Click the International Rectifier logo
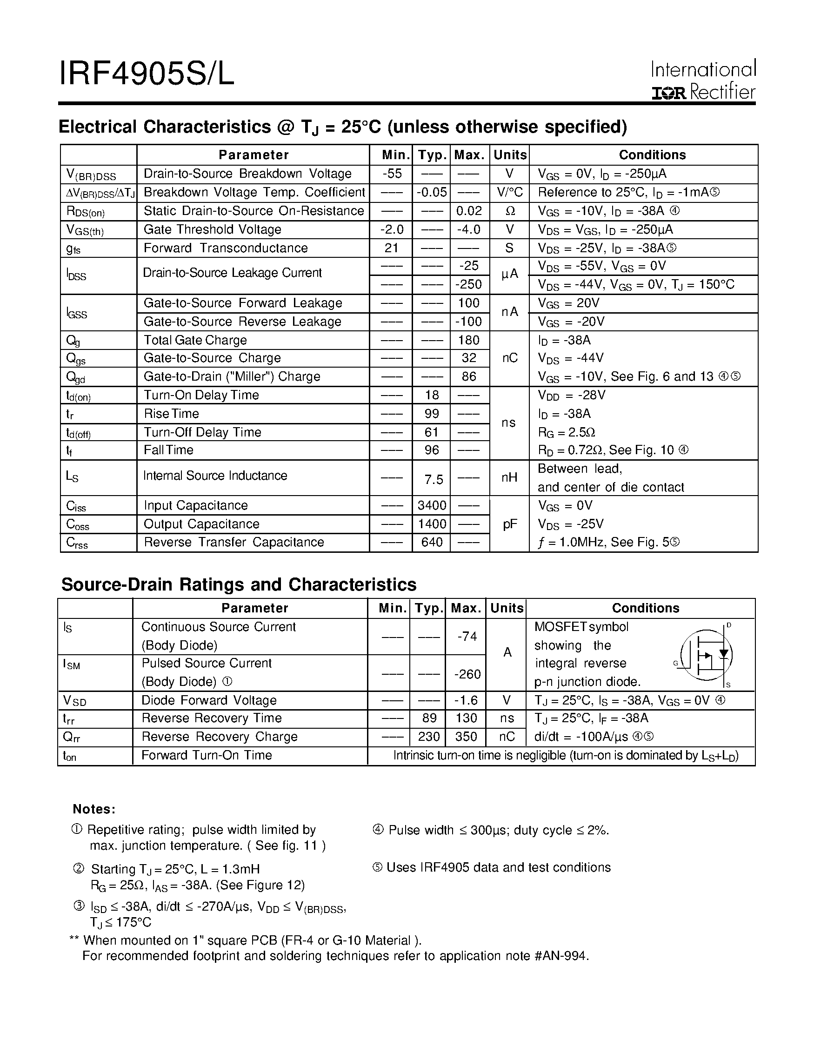tap(703, 81)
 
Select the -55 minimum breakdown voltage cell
tap(392, 174)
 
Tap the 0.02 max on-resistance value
tap(469, 211)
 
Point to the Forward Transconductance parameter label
tap(225, 248)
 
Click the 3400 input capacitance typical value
tap(431, 505)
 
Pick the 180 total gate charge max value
tap(468, 340)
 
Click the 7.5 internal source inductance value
tap(434, 479)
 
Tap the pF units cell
tap(510, 524)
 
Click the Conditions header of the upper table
tap(652, 155)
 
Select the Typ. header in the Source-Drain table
tap(428, 608)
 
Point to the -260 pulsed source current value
tap(467, 674)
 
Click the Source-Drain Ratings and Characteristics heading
tap(239, 584)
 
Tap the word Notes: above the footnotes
tap(94, 809)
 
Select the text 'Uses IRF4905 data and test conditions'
tap(498, 867)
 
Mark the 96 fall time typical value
tap(432, 450)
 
